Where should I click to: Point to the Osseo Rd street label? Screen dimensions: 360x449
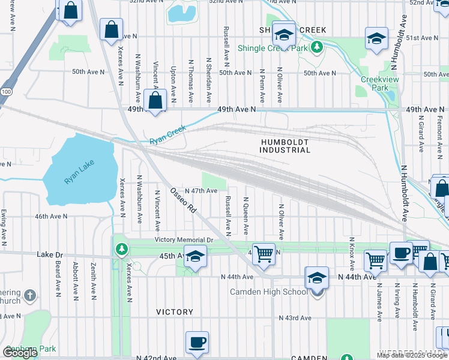click(x=184, y=200)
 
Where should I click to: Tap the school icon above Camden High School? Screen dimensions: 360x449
click(x=316, y=278)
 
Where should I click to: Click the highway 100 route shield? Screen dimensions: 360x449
click(x=6, y=91)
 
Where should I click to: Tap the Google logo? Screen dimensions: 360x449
click(x=20, y=353)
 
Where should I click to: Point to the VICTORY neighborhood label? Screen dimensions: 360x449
click(x=175, y=312)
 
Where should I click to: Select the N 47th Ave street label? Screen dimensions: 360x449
click(x=201, y=191)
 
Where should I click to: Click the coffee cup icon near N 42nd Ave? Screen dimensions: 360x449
click(x=197, y=343)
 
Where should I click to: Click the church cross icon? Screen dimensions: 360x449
click(x=31, y=295)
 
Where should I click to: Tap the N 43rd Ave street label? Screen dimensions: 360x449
click(x=295, y=317)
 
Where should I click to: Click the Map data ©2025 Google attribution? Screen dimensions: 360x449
click(x=412, y=354)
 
